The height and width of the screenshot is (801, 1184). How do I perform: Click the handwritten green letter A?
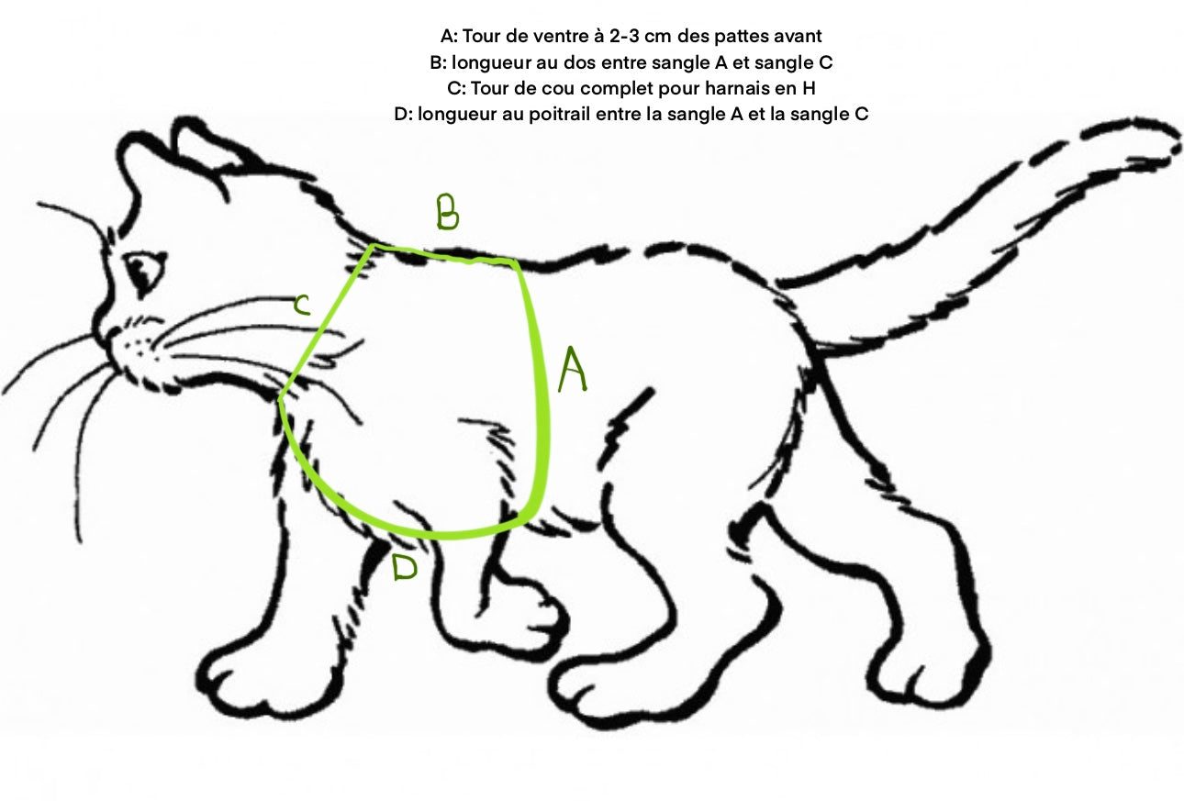click(x=572, y=370)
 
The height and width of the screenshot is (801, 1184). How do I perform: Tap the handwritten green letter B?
click(x=447, y=212)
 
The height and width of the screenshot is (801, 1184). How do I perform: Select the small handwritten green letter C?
click(x=301, y=306)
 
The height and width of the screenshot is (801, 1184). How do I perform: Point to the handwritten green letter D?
click(x=404, y=568)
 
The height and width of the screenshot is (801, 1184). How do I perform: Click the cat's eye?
click(x=142, y=269)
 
